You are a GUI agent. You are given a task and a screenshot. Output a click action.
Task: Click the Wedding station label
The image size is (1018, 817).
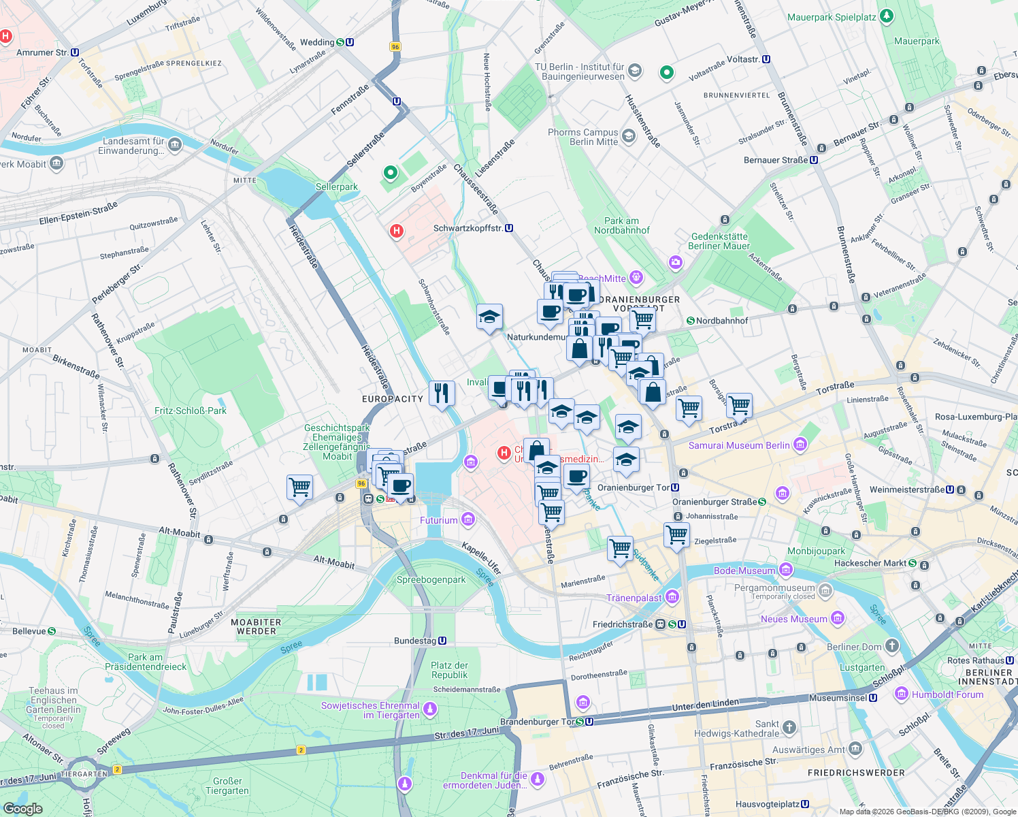(x=318, y=42)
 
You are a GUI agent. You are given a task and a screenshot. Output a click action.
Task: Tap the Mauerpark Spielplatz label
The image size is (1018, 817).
(x=832, y=17)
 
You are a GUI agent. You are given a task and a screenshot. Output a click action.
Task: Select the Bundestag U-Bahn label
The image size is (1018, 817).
(x=415, y=641)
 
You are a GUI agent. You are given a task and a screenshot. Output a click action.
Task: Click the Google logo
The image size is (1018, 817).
(x=22, y=808)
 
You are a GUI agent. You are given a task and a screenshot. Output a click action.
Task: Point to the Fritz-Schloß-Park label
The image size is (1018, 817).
(x=191, y=411)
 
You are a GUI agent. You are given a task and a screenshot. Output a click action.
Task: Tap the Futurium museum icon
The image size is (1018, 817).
(x=467, y=520)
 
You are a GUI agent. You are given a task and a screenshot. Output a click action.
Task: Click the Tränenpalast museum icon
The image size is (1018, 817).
(x=672, y=598)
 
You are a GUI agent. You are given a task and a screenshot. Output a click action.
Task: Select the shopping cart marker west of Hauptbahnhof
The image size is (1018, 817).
(x=299, y=487)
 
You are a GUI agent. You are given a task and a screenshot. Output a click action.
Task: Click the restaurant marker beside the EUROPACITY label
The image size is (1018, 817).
(x=442, y=393)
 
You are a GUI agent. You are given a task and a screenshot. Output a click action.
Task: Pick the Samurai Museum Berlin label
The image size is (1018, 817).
(x=739, y=445)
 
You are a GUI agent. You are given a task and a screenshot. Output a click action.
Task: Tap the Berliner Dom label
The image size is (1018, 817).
(x=854, y=647)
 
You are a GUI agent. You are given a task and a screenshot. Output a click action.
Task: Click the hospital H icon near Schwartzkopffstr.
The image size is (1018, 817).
(x=396, y=231)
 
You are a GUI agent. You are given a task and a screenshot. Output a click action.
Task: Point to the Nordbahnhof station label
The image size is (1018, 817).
(x=721, y=321)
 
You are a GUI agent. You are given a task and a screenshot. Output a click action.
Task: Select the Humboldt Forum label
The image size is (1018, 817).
(x=947, y=694)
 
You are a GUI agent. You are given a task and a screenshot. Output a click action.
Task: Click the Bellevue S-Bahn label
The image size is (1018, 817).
(x=29, y=631)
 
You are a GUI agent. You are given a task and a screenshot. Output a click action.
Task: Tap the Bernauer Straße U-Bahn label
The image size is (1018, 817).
(x=776, y=160)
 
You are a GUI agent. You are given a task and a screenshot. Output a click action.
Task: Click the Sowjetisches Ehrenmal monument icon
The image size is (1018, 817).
(x=430, y=710)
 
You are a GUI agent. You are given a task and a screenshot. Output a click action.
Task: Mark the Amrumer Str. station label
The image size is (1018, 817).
(x=42, y=52)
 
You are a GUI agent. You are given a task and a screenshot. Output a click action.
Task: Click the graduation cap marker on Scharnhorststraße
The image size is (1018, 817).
(x=489, y=317)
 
